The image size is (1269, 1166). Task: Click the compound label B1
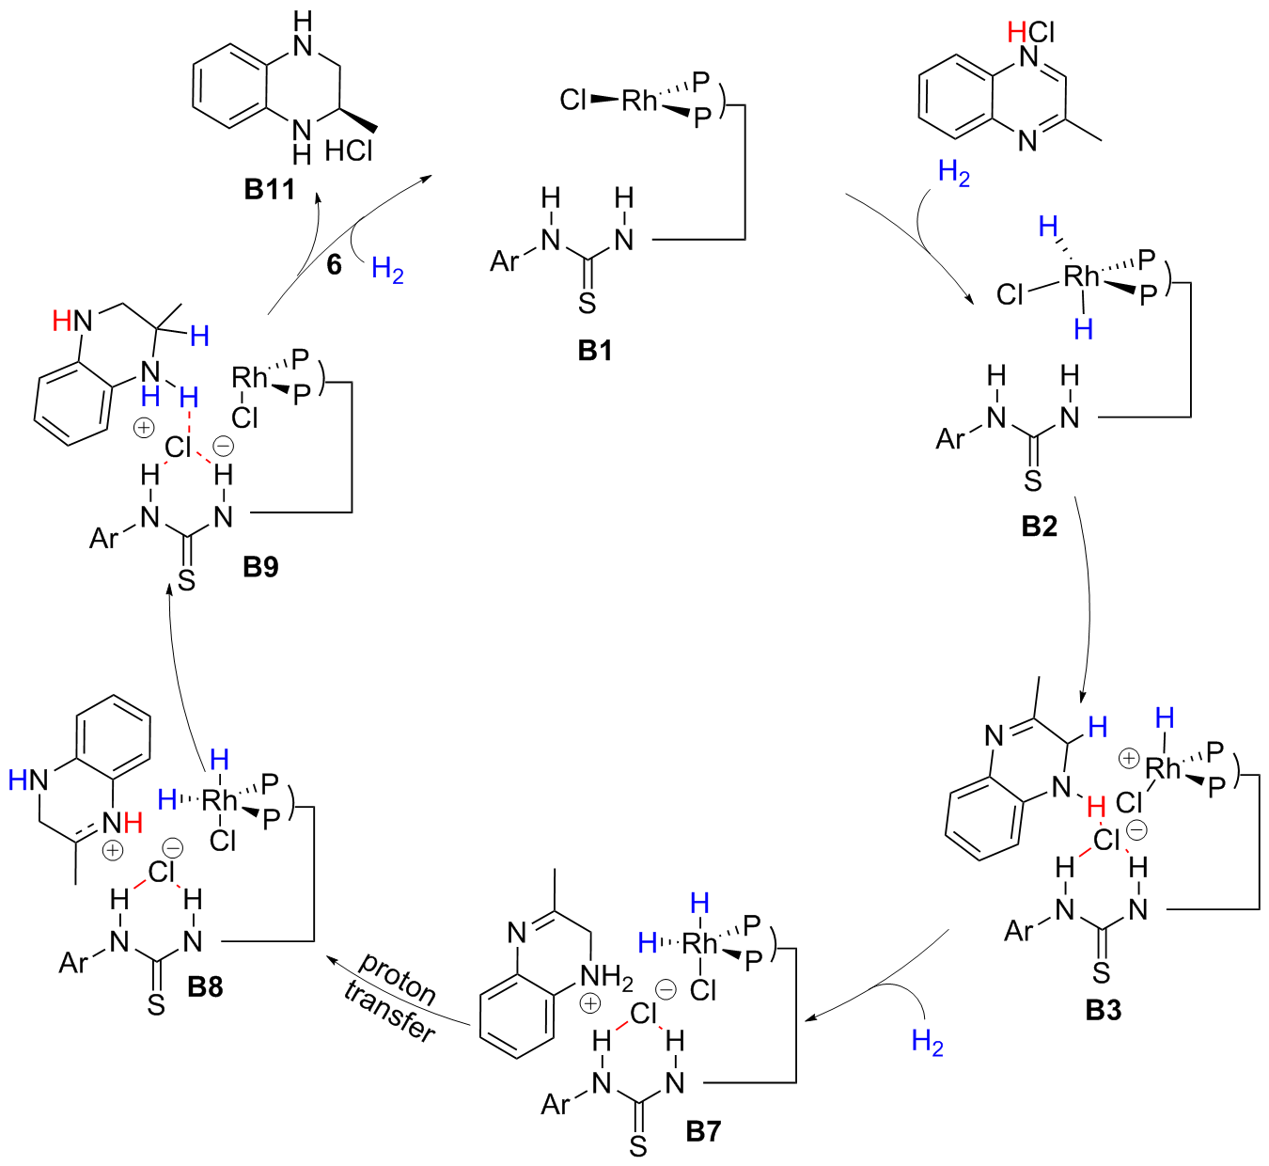(595, 351)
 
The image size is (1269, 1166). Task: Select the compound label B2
(1040, 527)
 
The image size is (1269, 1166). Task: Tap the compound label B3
(1104, 1011)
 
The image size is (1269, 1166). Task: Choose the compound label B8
(205, 986)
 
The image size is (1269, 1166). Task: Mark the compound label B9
(260, 567)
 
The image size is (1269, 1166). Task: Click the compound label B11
(270, 189)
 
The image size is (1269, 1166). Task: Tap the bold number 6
(334, 265)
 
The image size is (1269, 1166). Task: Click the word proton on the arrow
(399, 981)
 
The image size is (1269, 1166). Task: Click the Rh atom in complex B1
(640, 101)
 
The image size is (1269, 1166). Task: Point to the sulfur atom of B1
(587, 303)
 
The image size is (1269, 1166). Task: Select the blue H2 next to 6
(388, 270)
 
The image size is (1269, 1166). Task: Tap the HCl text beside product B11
(349, 152)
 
